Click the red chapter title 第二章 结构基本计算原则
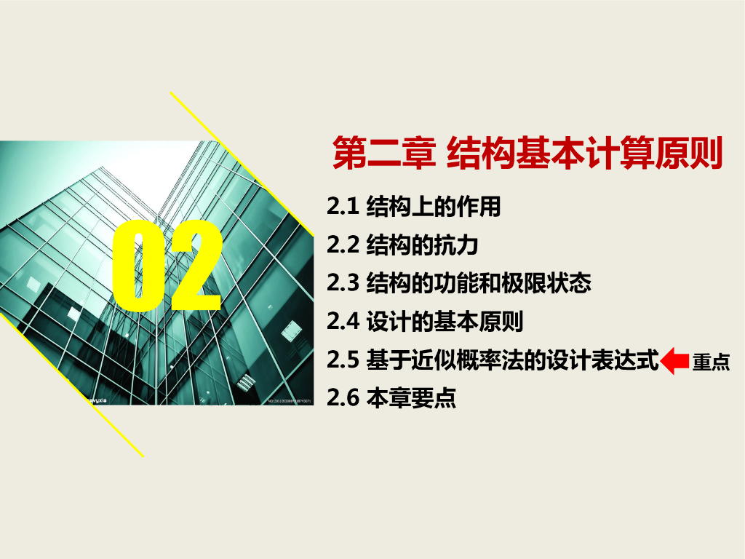tap(527, 153)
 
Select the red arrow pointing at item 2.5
tap(674, 361)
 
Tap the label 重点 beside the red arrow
tap(711, 362)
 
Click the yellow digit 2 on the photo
tap(196, 265)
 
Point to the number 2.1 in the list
tap(343, 207)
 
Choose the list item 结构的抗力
tap(422, 245)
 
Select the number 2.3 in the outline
tap(343, 283)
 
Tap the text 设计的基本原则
tap(445, 322)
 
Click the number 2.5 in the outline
tap(343, 360)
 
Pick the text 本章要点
tap(411, 398)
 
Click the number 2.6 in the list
tap(343, 398)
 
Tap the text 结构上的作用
tap(434, 207)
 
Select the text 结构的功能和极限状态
tap(479, 283)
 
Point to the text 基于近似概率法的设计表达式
tap(513, 360)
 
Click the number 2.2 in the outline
tap(343, 245)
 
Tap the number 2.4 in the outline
tap(343, 322)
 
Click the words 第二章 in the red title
tap(384, 153)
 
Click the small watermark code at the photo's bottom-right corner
tap(290, 401)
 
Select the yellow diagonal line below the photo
tap(71, 384)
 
